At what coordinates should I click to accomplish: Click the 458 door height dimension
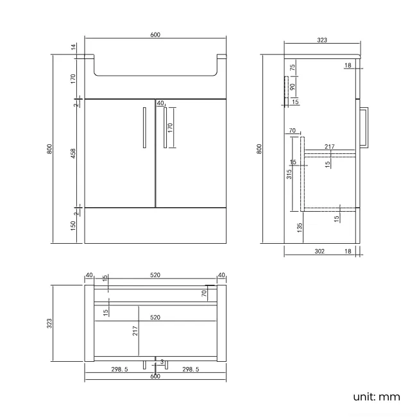coord(74,154)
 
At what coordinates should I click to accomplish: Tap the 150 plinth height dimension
coord(74,226)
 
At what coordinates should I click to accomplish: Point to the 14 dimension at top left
coord(74,46)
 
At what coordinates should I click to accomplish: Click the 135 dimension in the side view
coord(300,226)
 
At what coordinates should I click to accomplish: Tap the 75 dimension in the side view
coord(292,67)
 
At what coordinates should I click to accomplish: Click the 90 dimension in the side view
coord(292,87)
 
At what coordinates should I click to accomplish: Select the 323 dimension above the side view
coord(322,40)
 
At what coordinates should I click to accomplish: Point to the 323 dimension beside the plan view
coord(50,324)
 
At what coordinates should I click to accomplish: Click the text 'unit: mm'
coord(376,396)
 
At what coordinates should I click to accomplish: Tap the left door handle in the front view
coord(144,128)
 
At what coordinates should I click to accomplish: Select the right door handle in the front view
coord(165,128)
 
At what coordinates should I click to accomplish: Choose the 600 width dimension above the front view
coord(155,35)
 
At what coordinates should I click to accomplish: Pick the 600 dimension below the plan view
coord(155,377)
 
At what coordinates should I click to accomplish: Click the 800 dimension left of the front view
coord(50,149)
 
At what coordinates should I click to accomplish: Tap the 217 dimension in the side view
coord(329,147)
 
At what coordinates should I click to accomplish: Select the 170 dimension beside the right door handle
coord(171,128)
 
